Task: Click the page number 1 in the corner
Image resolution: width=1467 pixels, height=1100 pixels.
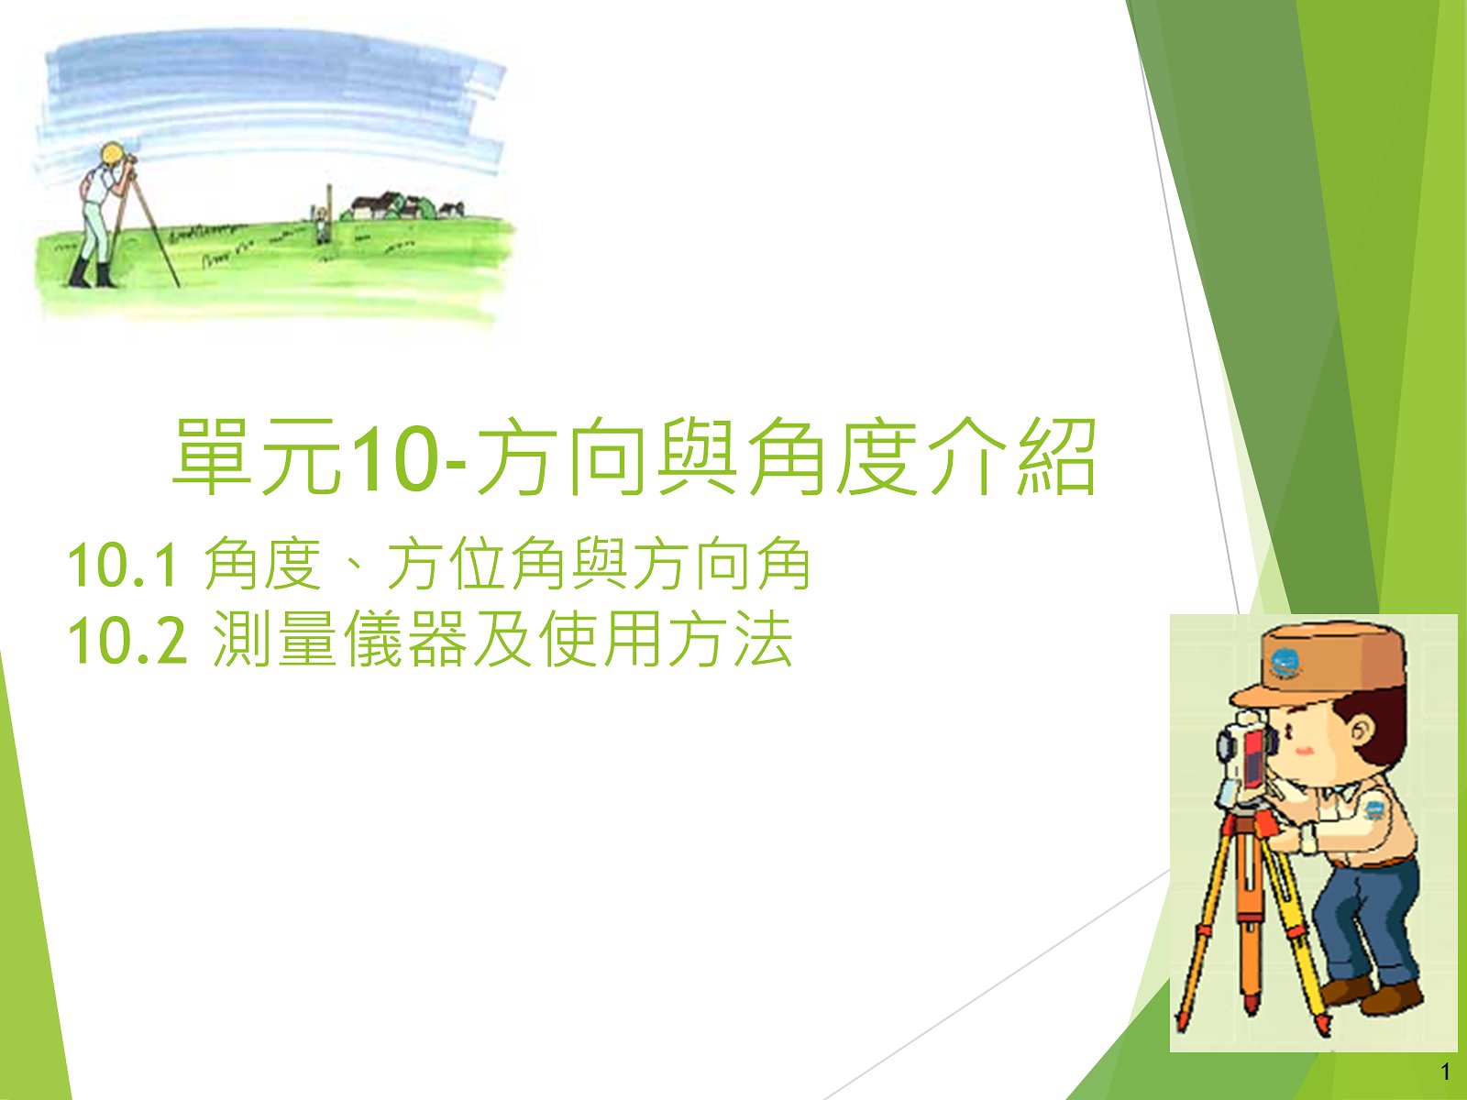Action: tap(1446, 1072)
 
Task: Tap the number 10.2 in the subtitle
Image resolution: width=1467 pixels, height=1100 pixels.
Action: tap(127, 641)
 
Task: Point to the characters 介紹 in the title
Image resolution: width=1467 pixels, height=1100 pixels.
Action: tap(1012, 456)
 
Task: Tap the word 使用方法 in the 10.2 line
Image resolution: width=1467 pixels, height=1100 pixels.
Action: tap(666, 641)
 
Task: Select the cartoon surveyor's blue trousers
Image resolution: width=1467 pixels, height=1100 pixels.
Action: tap(1367, 924)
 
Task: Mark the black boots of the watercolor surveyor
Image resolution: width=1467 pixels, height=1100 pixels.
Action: tap(93, 272)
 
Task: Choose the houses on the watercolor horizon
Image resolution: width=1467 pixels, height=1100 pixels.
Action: tap(401, 206)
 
